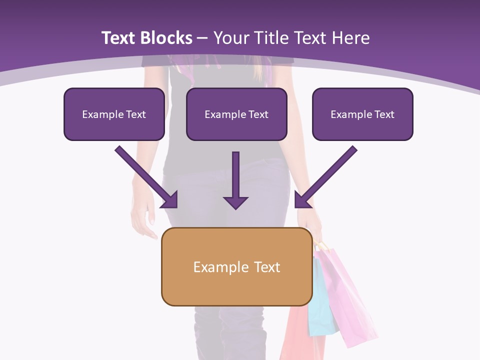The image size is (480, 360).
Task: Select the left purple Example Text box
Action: click(x=114, y=114)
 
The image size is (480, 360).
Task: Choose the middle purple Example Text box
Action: click(x=236, y=114)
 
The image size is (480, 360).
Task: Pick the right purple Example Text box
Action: click(x=362, y=114)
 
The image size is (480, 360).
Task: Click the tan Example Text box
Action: click(x=236, y=266)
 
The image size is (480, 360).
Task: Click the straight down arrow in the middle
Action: click(x=235, y=180)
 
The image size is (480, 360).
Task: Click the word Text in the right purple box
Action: click(x=384, y=114)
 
